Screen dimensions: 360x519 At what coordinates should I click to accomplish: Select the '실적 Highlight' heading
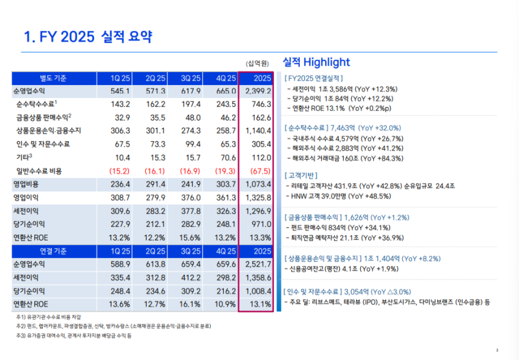316,62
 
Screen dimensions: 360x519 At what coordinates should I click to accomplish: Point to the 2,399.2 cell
258,91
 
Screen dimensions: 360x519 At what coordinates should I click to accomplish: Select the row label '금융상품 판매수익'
42,117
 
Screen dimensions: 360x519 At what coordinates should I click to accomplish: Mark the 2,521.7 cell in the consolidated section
258,265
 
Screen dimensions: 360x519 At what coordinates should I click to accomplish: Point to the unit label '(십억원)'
258,63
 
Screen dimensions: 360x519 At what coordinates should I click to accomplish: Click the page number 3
496,350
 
